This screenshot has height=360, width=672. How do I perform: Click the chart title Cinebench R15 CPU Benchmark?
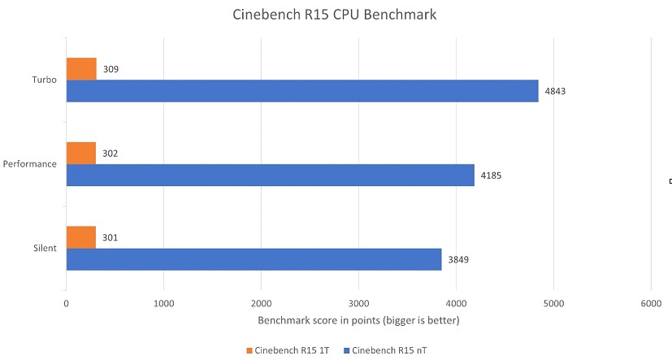pyautogui.click(x=336, y=15)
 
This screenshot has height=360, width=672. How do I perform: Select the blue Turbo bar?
pyautogui.click(x=301, y=90)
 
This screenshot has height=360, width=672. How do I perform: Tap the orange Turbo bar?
pyautogui.click(x=81, y=69)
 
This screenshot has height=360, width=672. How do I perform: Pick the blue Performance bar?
pyautogui.click(x=270, y=175)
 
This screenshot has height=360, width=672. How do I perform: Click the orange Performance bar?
pyautogui.click(x=80, y=153)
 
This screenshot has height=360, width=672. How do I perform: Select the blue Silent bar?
pyautogui.click(x=254, y=259)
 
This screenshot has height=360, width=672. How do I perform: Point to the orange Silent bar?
pyautogui.click(x=80, y=237)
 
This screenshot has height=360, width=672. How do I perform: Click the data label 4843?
pyautogui.click(x=555, y=91)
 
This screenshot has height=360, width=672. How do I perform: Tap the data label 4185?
pyautogui.click(x=491, y=176)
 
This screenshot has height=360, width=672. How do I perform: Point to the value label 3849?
pyautogui.click(x=458, y=260)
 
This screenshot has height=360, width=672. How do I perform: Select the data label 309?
pyautogui.click(x=111, y=70)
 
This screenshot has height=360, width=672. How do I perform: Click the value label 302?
pyautogui.click(x=111, y=154)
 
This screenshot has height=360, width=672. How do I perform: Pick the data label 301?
pyautogui.click(x=111, y=238)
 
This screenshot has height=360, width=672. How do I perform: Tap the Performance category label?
pyautogui.click(x=30, y=164)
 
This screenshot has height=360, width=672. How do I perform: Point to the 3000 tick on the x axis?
pyautogui.click(x=358, y=304)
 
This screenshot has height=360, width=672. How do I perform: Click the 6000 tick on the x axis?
pyautogui.click(x=650, y=304)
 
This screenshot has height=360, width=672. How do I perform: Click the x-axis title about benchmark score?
pyautogui.click(x=358, y=321)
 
